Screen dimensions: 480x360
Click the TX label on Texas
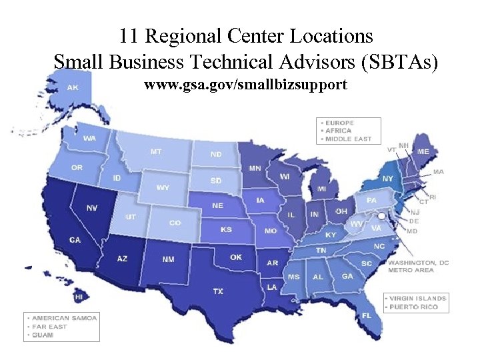point(218,291)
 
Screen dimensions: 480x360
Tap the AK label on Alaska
point(72,87)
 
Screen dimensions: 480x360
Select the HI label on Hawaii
point(79,297)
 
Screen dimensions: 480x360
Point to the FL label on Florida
point(367,315)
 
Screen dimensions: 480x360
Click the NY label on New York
point(387,179)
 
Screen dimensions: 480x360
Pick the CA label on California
point(75,240)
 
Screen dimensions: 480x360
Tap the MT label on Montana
point(155,151)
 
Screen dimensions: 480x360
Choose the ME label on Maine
point(423,151)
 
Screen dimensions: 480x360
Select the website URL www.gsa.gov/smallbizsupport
point(245,85)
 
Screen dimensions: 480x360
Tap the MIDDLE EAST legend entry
point(347,139)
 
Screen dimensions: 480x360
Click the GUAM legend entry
point(43,335)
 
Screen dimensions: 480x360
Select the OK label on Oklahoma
point(236,257)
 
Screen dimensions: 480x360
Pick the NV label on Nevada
point(92,208)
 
